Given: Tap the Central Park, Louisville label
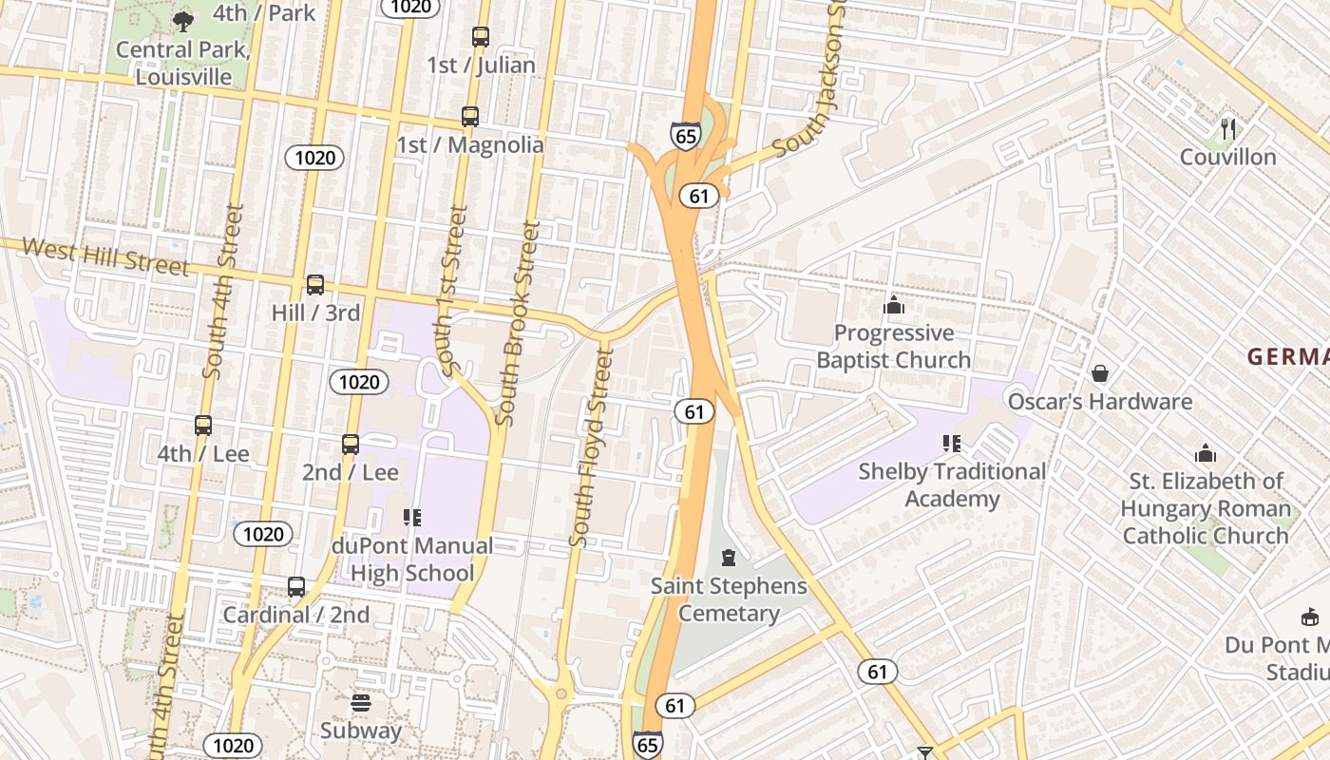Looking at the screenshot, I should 183,63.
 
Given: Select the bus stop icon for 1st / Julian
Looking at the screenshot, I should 481,37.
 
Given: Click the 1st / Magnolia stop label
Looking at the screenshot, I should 470,144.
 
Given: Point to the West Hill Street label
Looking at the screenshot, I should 105,256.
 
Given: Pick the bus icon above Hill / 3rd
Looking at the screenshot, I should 315,284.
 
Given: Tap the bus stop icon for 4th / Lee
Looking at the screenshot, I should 203,426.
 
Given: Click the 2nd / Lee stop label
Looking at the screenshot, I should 351,472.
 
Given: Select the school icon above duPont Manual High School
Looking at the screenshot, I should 412,518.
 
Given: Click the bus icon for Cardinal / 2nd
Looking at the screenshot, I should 296,587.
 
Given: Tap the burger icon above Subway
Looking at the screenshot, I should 360,703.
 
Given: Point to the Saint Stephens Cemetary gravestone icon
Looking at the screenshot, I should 729,558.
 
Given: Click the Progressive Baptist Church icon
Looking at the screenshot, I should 894,305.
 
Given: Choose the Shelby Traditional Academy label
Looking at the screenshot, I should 952,484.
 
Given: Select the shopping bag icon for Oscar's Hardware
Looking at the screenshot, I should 1100,373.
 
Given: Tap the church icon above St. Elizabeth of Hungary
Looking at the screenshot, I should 1206,453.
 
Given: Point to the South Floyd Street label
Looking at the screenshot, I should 591,447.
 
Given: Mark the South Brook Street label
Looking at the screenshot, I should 519,323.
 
